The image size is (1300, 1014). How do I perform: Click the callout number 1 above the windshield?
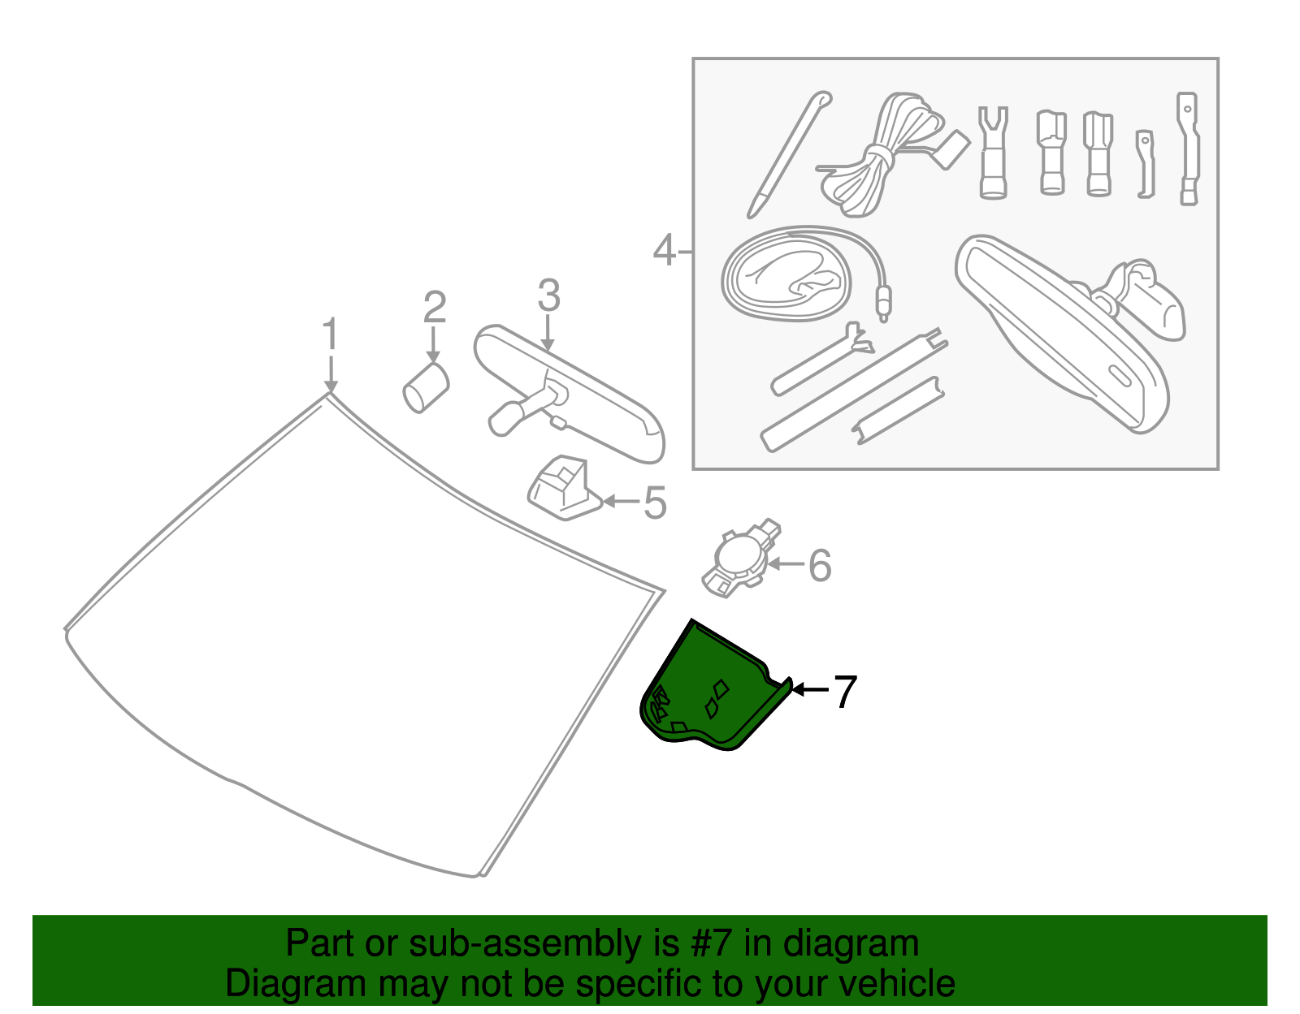tap(329, 335)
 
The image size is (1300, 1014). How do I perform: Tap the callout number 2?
tap(435, 308)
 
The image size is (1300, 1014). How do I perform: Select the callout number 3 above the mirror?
tap(548, 296)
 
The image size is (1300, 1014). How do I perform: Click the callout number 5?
tap(655, 503)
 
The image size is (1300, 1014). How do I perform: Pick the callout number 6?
tap(820, 566)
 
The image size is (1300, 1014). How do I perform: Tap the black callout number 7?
tap(846, 693)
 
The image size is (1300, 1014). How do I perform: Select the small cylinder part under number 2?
tap(426, 387)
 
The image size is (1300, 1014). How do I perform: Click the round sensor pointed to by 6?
tap(738, 558)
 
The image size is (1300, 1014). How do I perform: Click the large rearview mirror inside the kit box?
tap(1064, 333)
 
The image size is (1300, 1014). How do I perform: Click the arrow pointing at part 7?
tap(810, 689)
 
